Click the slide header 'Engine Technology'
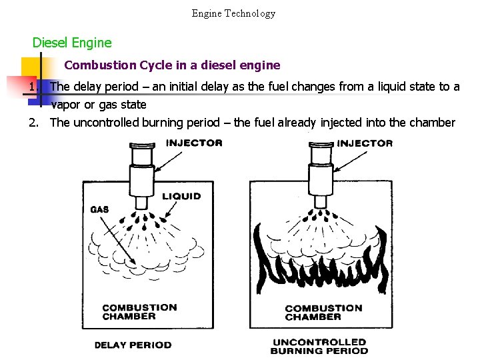click(x=233, y=13)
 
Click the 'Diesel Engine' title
click(x=72, y=43)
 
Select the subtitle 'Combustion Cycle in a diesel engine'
click(x=173, y=65)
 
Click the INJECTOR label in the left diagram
click(x=194, y=143)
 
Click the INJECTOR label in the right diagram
click(x=365, y=143)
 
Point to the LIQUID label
click(x=181, y=196)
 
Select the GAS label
click(x=99, y=209)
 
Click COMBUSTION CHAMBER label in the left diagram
click(x=139, y=311)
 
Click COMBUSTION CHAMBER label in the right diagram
click(x=323, y=312)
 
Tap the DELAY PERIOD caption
click(x=133, y=345)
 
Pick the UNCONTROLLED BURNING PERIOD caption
click(x=319, y=347)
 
